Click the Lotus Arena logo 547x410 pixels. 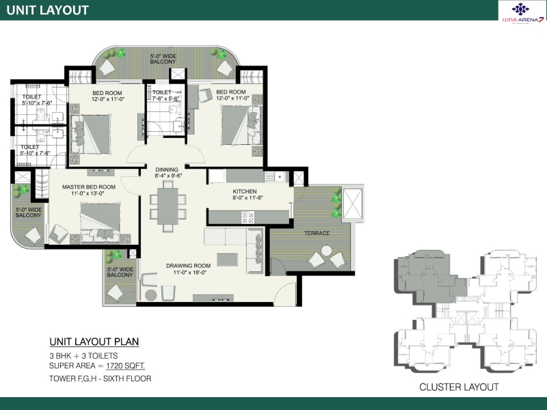click(522, 12)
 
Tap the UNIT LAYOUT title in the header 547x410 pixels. click(47, 10)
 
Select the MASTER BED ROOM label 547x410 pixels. click(89, 187)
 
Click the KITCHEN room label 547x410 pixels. click(245, 191)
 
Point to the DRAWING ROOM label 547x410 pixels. click(189, 266)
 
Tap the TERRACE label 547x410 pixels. click(317, 233)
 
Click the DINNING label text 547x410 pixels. click(167, 169)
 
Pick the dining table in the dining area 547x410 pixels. click(168, 206)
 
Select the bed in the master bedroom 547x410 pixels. click(101, 223)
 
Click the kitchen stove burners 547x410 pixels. click(248, 217)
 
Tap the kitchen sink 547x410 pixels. click(275, 177)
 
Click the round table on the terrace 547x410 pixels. click(327, 250)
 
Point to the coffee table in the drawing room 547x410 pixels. click(228, 260)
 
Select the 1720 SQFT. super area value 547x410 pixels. click(126, 366)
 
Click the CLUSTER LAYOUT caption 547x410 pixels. click(459, 387)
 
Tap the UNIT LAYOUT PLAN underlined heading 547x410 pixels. click(94, 342)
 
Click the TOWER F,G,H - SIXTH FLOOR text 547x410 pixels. click(100, 379)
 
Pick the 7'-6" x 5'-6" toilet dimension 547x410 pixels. click(165, 98)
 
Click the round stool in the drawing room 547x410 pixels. click(150, 295)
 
